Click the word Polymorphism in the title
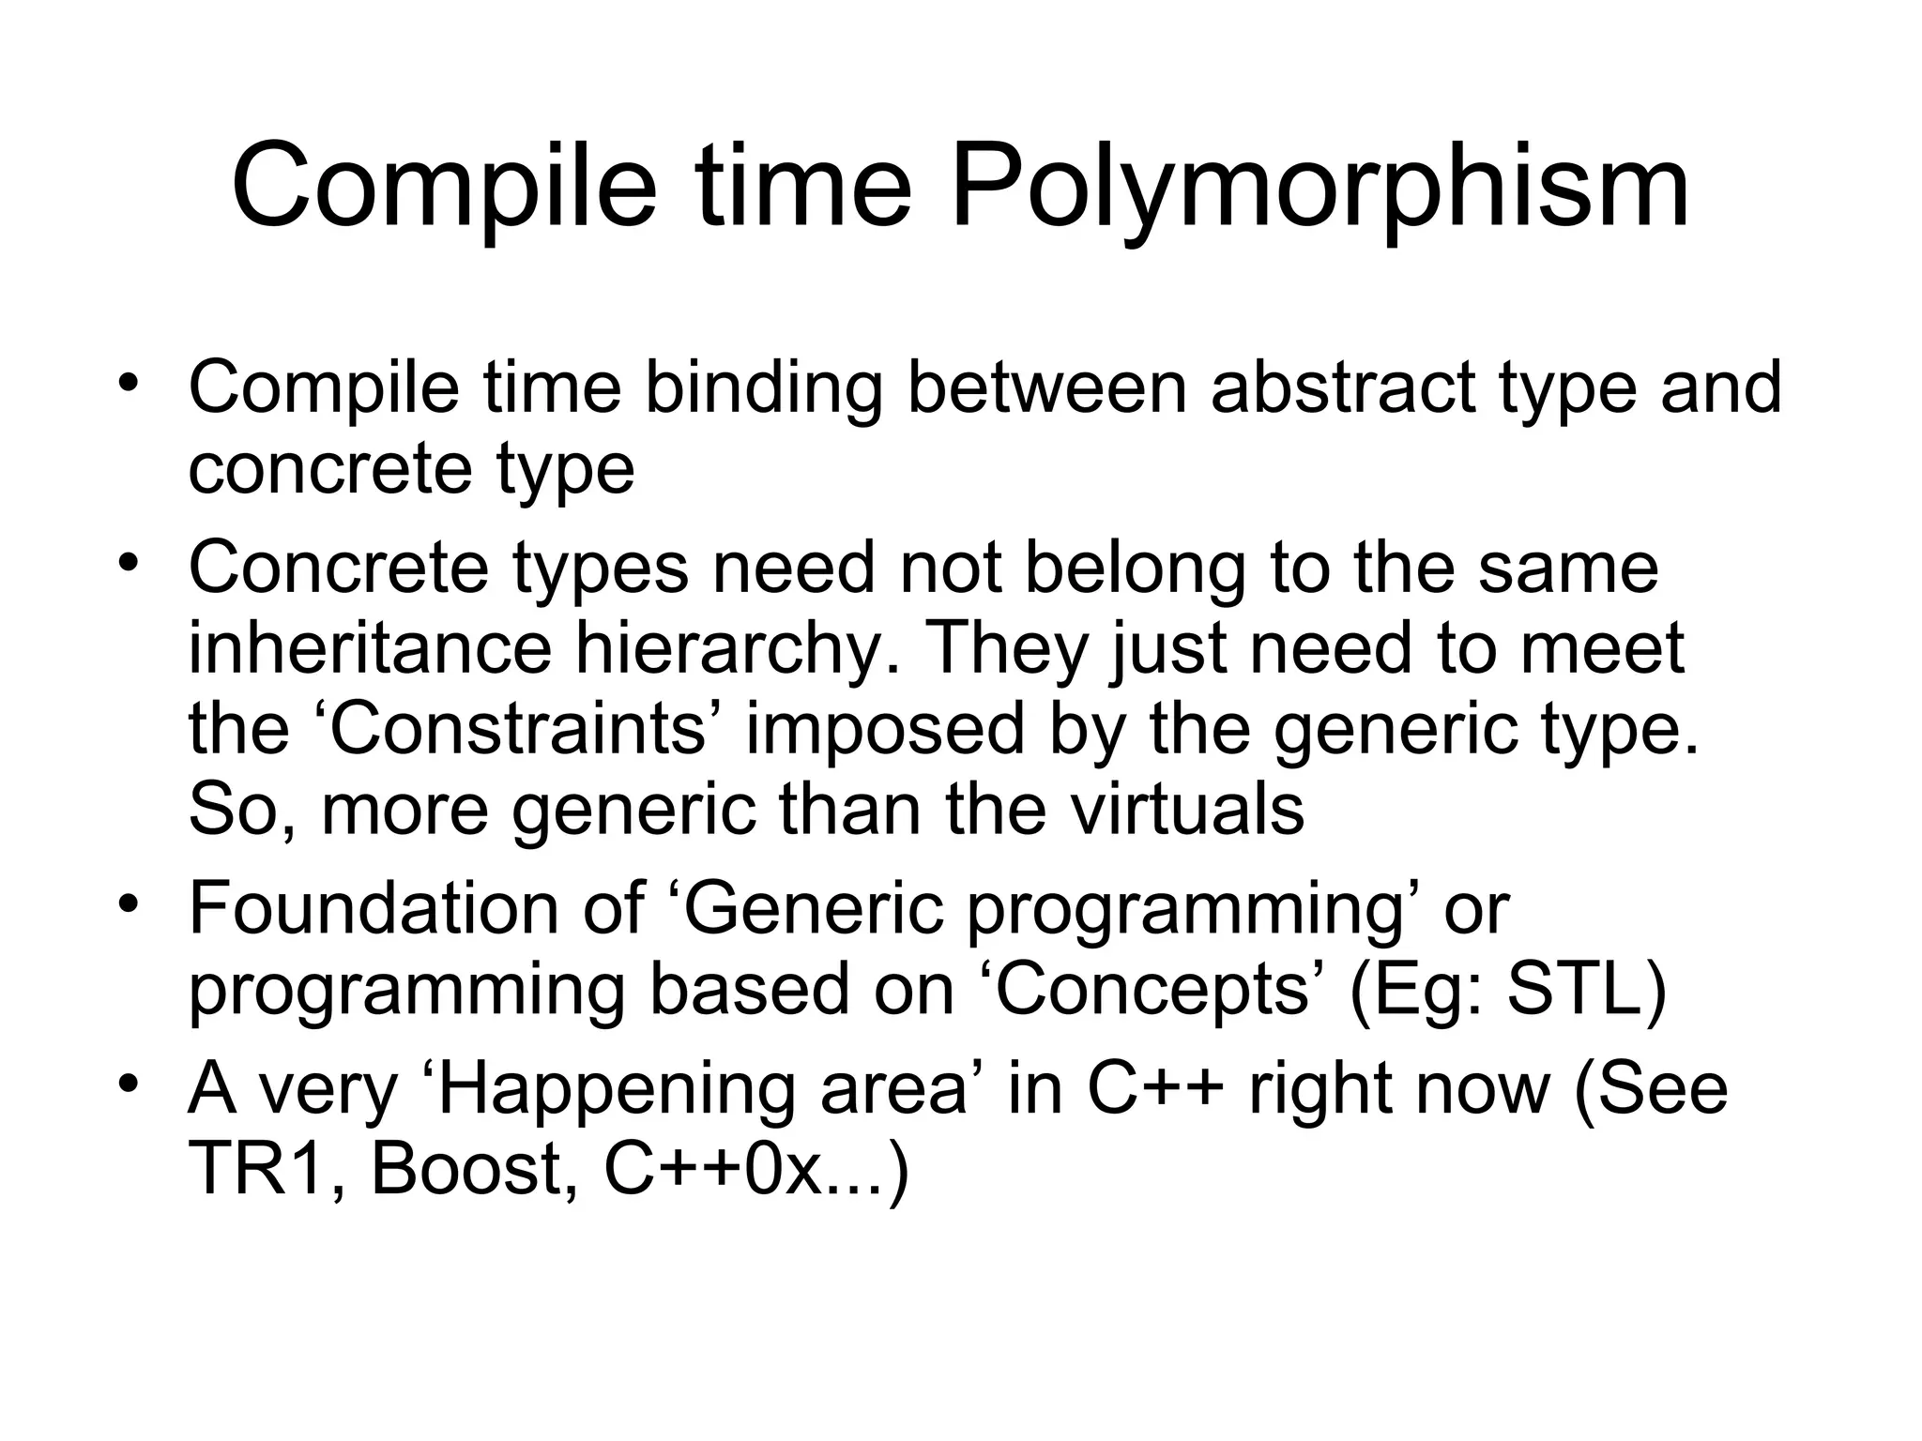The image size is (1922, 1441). pyautogui.click(x=1320, y=186)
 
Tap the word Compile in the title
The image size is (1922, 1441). pyautogui.click(x=444, y=186)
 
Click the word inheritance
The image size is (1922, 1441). pyautogui.click(x=370, y=648)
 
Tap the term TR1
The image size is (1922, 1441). pyautogui.click(x=256, y=1169)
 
